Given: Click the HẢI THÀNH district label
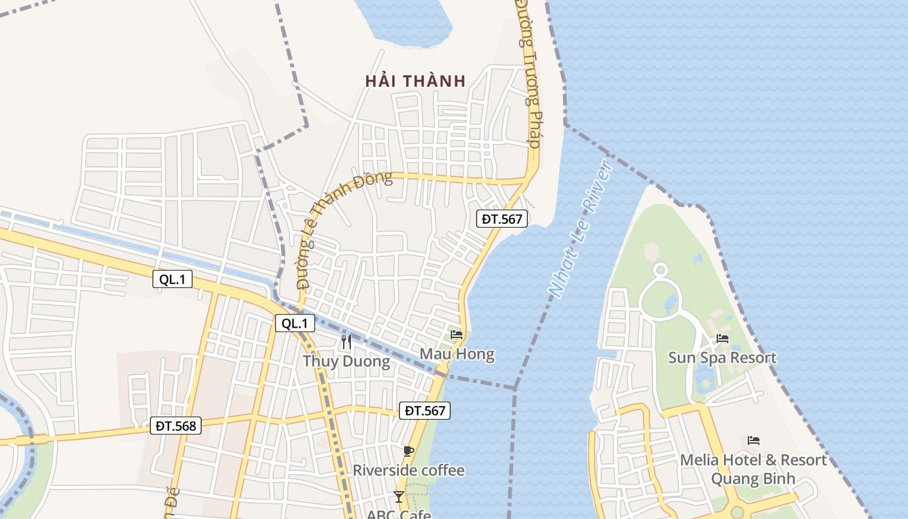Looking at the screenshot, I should pos(415,81).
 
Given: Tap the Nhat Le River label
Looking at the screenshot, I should pos(580,228).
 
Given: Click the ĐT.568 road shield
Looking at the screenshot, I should pos(176,426).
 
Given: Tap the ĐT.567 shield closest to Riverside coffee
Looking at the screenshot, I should pos(424,410).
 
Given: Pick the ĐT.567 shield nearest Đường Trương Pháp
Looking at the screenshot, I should pos(502,219).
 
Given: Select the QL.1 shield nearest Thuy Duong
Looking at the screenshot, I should pos(295,323).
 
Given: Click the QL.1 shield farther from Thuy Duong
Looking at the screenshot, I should pos(173,279).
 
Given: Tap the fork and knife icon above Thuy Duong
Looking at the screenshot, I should pos(346,341).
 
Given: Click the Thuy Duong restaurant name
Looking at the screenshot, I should pos(346,361).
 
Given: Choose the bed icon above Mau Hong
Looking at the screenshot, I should pos(457,335).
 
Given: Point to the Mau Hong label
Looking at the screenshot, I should pos(457,354).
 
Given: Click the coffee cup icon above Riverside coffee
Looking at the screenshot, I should pos(408,451).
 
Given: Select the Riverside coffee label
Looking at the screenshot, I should pos(409,470).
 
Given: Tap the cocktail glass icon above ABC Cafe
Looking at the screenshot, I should pos(399,497).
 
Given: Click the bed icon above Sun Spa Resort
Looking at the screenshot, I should pos(722,338).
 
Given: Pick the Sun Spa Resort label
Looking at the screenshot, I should pos(722,357).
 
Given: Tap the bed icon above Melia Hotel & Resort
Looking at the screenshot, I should pos(753,440).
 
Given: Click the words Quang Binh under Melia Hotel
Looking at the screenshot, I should pos(753,479).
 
